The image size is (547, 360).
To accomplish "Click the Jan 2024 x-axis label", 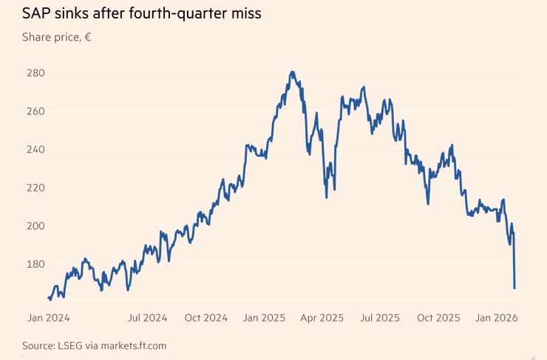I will coord(49,318).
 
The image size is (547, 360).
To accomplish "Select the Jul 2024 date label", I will coord(147,318).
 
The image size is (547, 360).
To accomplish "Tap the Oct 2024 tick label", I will coord(205,318).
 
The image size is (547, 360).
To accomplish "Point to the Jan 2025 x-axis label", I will coord(264,318).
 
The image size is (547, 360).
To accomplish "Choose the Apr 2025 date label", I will coord(322,318).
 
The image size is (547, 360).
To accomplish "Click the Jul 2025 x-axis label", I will coord(380,318).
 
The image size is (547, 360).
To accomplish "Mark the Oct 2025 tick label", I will coord(438,318).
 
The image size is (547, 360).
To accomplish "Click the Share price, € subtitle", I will coord(56,36).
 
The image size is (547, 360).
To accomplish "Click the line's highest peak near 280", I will coord(293,72).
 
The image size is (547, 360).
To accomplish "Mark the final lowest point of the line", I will coord(514,288).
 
